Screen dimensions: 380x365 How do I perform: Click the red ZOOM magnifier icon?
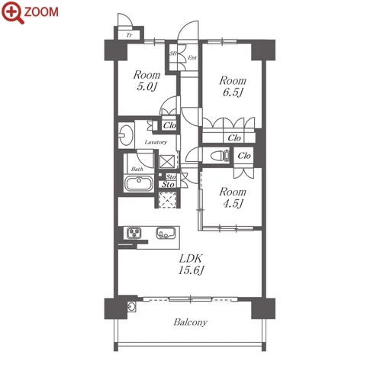12,12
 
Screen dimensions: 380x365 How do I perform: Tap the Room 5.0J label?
147,81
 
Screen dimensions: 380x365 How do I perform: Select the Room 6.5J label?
233,86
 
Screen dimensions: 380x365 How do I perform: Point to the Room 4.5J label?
233,198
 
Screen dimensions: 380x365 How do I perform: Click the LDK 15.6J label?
191,264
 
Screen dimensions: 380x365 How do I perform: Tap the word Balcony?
191,322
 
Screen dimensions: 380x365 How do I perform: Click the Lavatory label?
156,142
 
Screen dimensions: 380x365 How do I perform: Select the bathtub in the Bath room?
139,183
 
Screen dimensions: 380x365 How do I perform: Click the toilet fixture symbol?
221,156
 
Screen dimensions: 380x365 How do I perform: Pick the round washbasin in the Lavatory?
126,134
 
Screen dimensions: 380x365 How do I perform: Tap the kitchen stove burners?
134,233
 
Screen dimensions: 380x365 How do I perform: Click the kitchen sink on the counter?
166,233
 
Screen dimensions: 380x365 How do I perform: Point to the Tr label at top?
130,35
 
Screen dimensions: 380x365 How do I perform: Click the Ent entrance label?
192,58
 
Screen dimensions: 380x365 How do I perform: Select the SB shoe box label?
173,53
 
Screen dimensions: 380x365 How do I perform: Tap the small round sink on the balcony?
131,306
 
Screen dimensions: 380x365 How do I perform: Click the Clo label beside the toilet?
244,156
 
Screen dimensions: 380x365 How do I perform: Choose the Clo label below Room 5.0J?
169,125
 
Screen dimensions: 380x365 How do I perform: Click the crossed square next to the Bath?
167,161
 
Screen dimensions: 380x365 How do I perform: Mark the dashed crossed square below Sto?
167,200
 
